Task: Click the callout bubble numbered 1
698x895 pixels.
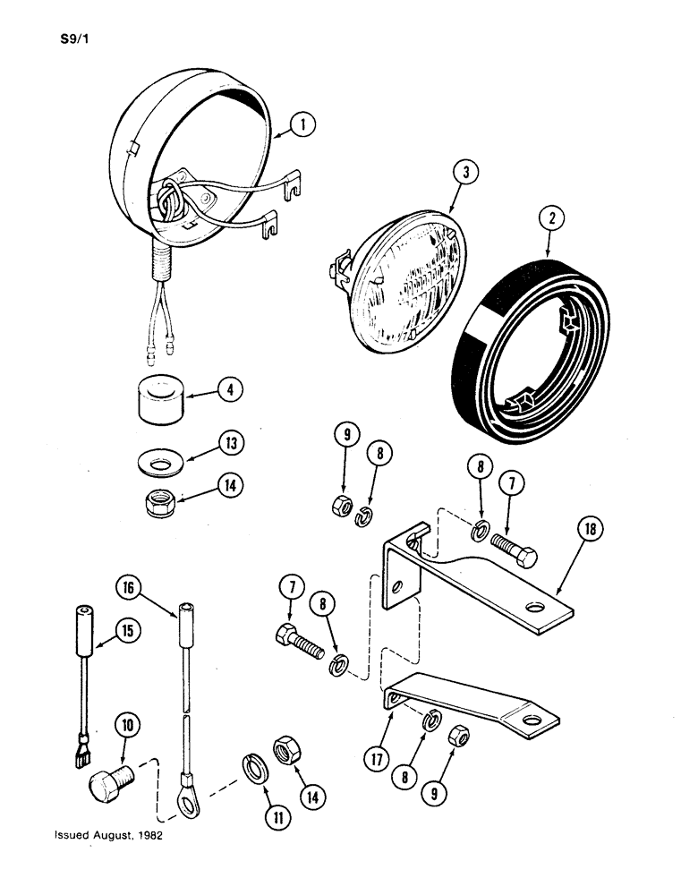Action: (304, 127)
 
